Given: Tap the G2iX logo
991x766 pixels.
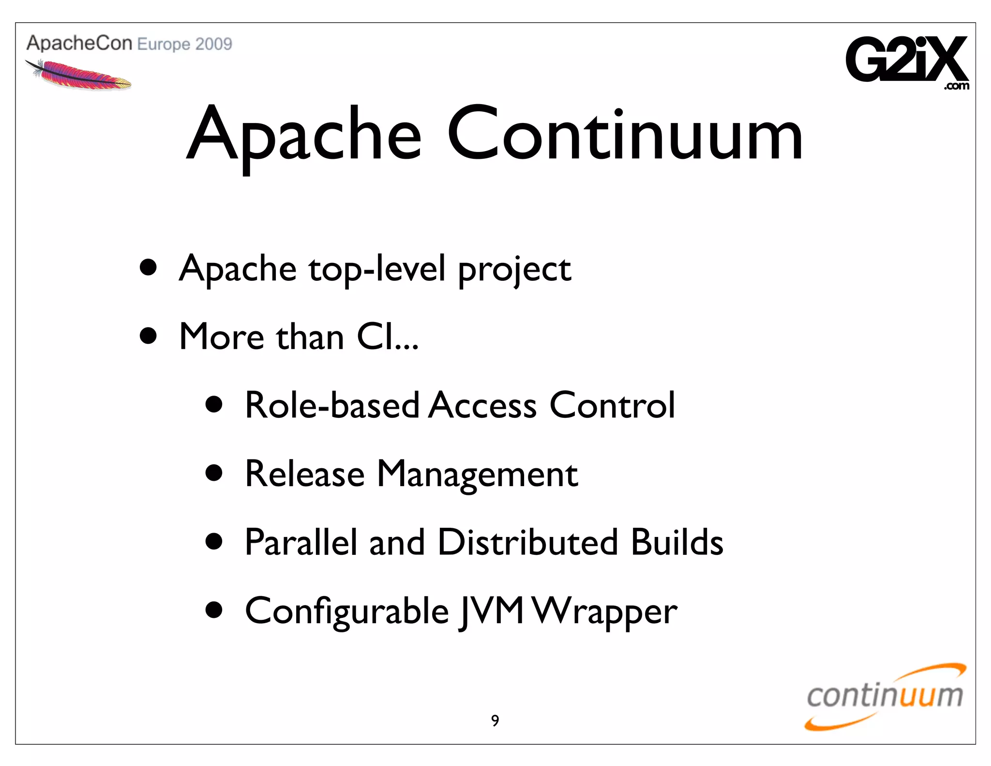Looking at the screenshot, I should (907, 61).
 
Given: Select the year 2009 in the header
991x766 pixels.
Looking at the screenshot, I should (214, 44).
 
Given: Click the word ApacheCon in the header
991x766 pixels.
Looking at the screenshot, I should (79, 43).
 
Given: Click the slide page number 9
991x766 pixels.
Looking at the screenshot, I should (495, 720).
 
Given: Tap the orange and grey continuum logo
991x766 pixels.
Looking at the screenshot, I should (885, 697).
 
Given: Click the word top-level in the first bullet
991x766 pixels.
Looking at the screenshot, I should (377, 269).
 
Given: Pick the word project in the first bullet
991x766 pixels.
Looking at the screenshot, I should (514, 270).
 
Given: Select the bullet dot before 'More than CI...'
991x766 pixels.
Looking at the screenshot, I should (148, 336).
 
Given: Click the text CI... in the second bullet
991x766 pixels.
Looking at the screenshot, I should (387, 337).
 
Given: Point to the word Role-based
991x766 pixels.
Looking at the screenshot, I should (332, 405).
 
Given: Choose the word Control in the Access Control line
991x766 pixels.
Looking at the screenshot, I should (612, 405).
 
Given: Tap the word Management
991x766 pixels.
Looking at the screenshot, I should (477, 474).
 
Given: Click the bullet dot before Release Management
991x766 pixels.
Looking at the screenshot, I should (213, 473).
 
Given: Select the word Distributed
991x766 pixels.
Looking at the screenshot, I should (527, 542).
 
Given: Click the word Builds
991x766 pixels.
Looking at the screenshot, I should (677, 542).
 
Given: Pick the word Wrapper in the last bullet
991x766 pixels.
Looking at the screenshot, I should (605, 611).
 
